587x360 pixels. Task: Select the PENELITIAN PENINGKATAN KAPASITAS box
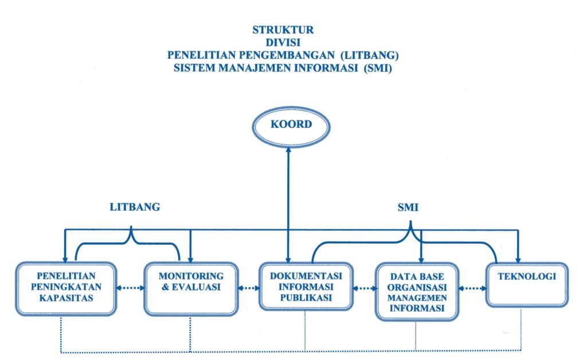tap(65, 288)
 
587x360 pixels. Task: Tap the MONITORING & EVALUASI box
tap(191, 288)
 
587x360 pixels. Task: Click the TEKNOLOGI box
tap(527, 285)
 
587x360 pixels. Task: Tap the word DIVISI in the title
tap(283, 43)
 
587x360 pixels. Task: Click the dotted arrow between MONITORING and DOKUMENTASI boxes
tap(248, 288)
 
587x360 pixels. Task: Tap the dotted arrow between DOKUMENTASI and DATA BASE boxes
tap(364, 288)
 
